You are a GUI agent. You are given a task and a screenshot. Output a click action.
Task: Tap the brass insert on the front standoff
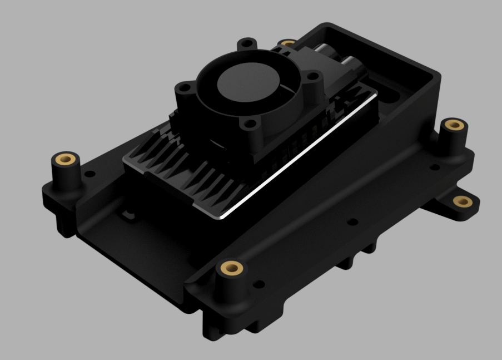coord(230,269)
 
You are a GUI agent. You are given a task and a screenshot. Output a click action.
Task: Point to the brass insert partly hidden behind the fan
coord(287,43)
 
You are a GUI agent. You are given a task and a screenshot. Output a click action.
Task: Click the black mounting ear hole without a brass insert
coord(247,43)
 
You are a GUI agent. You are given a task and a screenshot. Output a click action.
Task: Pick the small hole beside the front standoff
coord(258,285)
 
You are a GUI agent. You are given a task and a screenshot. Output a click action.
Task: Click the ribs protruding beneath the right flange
coord(356,257)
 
